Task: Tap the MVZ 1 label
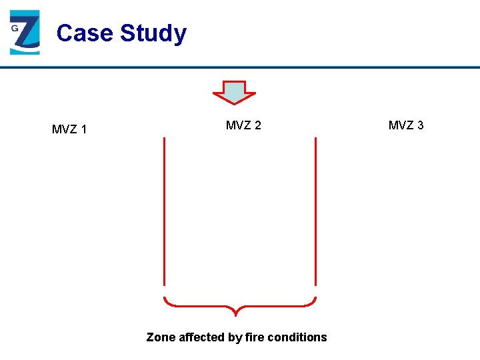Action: (69, 129)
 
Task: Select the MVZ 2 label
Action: (243, 125)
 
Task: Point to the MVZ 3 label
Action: (406, 125)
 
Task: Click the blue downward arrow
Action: (234, 92)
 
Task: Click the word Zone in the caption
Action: (161, 337)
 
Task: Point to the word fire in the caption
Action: (255, 337)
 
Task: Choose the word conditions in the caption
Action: (297, 337)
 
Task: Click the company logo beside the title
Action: (25, 33)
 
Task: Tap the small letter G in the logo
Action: (14, 29)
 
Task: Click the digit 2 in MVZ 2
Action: (257, 125)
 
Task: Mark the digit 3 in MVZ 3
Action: (420, 125)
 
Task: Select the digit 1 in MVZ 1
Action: (83, 129)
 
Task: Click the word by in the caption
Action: (235, 337)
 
